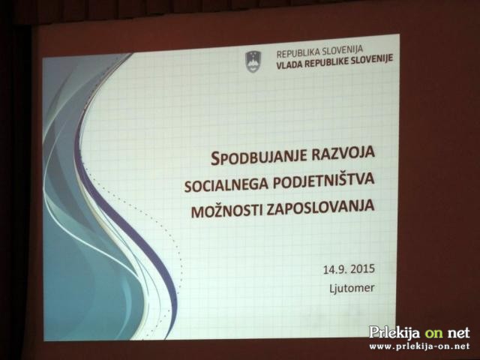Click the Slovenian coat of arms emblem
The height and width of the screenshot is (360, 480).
(x=253, y=61)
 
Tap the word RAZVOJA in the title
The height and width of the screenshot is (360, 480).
(x=343, y=152)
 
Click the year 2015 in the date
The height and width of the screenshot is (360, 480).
(x=363, y=268)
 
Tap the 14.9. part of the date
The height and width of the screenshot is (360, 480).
(x=335, y=270)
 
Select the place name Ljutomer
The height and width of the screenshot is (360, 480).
(x=352, y=288)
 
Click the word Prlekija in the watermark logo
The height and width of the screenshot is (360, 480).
(x=394, y=332)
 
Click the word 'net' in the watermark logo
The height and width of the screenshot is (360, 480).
(x=458, y=333)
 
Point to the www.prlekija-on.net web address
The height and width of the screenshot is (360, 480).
(x=419, y=346)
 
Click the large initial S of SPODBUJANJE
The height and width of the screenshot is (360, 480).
(x=215, y=159)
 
